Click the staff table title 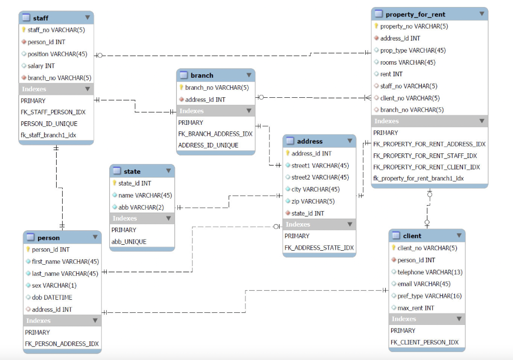point(41,18)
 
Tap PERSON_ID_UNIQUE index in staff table point(49,123)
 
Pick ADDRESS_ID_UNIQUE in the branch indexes point(208,145)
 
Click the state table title point(132,171)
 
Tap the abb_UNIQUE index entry point(129,242)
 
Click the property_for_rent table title point(415,15)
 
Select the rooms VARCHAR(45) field point(408,62)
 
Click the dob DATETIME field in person point(52,297)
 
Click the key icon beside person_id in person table point(28,249)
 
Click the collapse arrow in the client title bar point(458,235)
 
